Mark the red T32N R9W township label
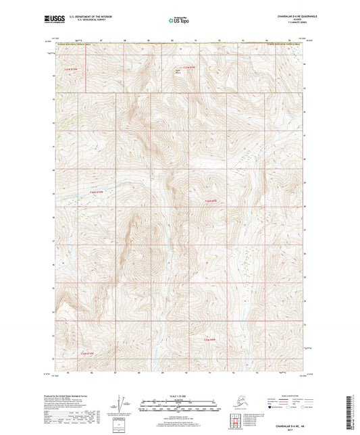(211, 201)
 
